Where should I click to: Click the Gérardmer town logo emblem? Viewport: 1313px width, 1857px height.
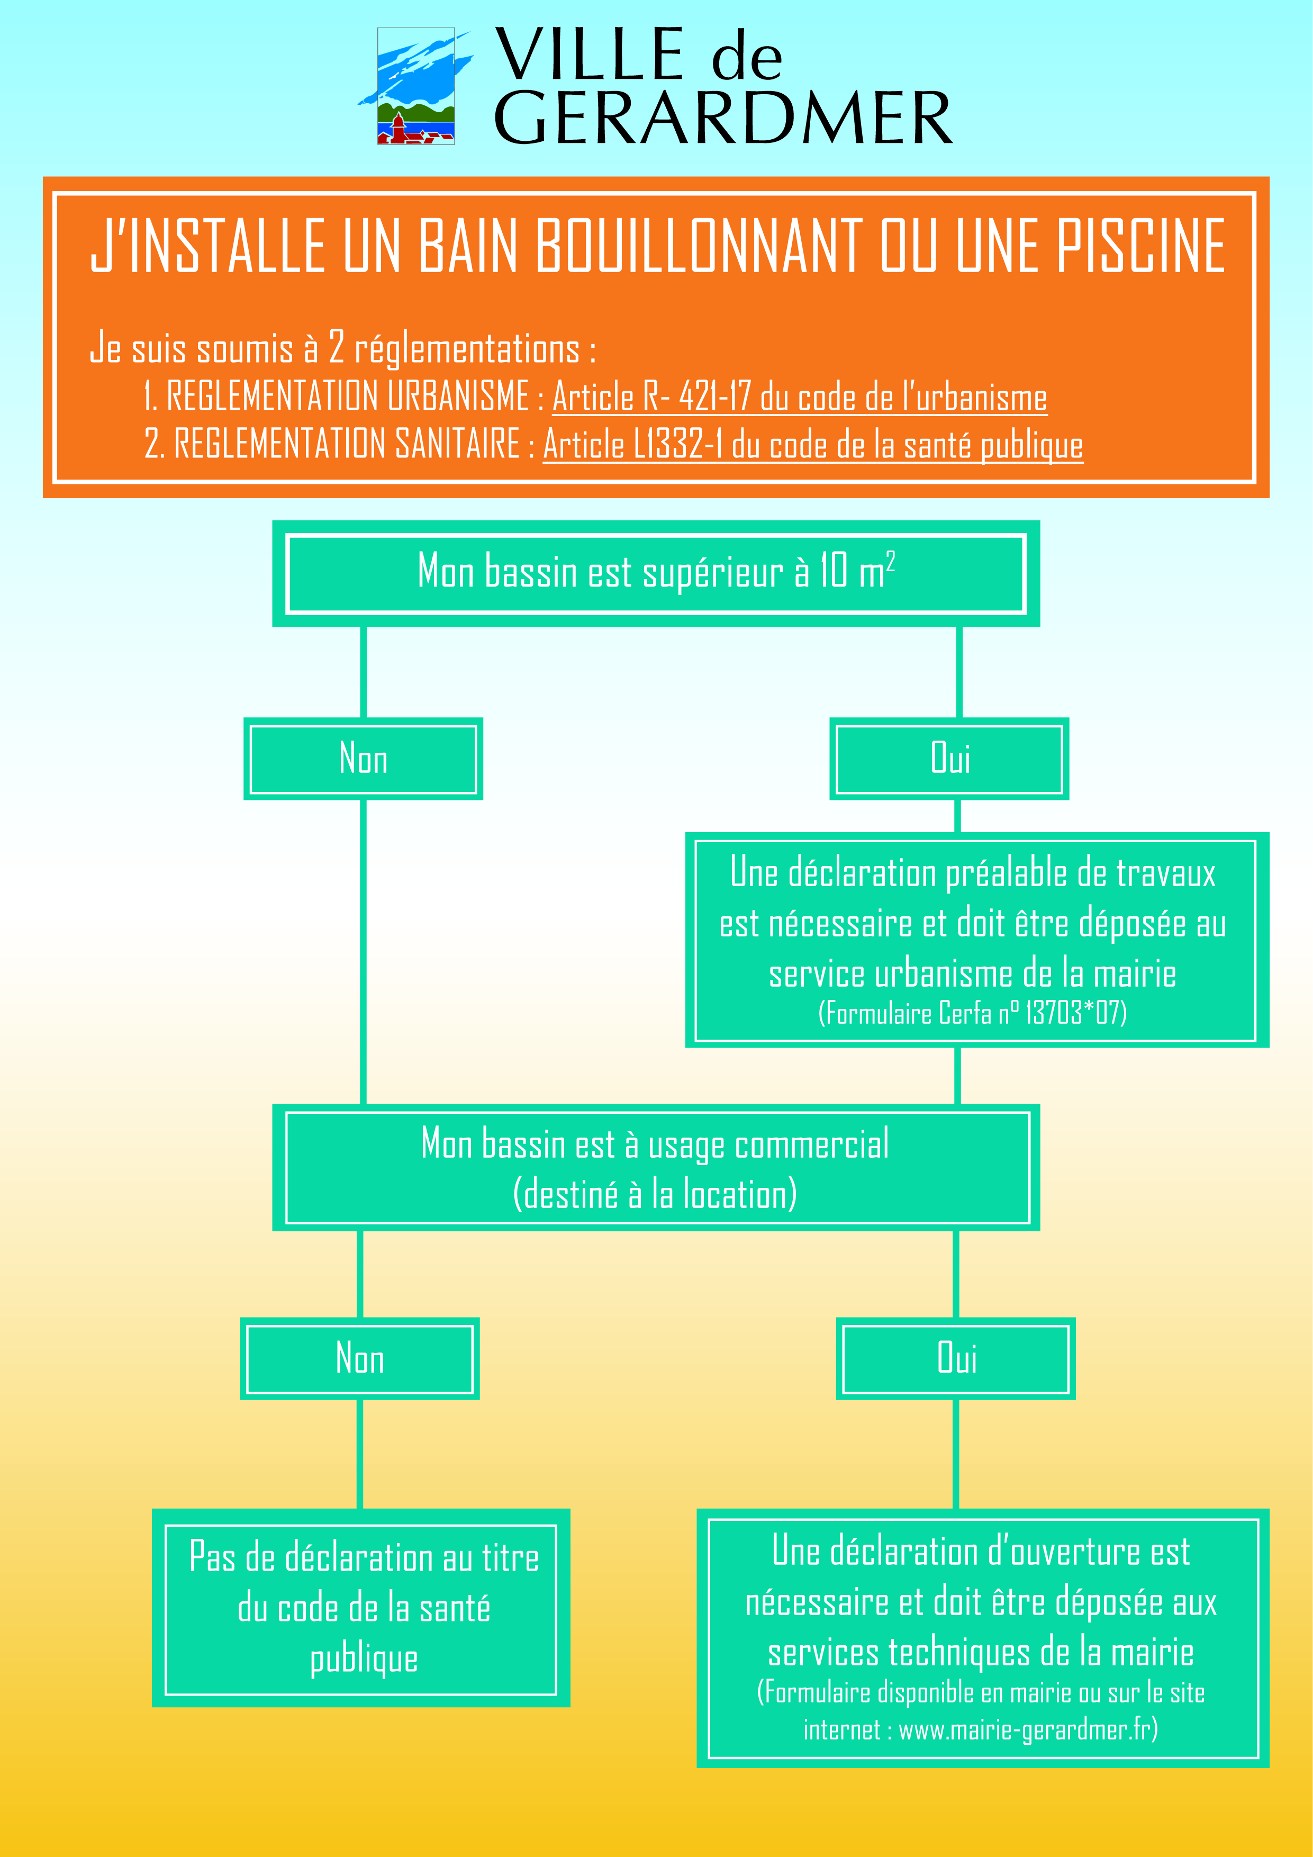(415, 86)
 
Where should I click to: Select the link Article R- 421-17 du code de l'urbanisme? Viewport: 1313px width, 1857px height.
(799, 397)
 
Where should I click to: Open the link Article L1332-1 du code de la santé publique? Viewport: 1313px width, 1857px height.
(812, 445)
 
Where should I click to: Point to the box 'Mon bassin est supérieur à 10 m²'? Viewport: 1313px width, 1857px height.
(656, 573)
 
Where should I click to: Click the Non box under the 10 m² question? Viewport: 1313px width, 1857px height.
(363, 759)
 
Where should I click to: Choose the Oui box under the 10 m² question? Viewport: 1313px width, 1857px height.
(949, 759)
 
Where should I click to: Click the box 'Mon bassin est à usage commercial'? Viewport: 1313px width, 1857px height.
(656, 1168)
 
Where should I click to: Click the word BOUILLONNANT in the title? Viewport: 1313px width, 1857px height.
(699, 246)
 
